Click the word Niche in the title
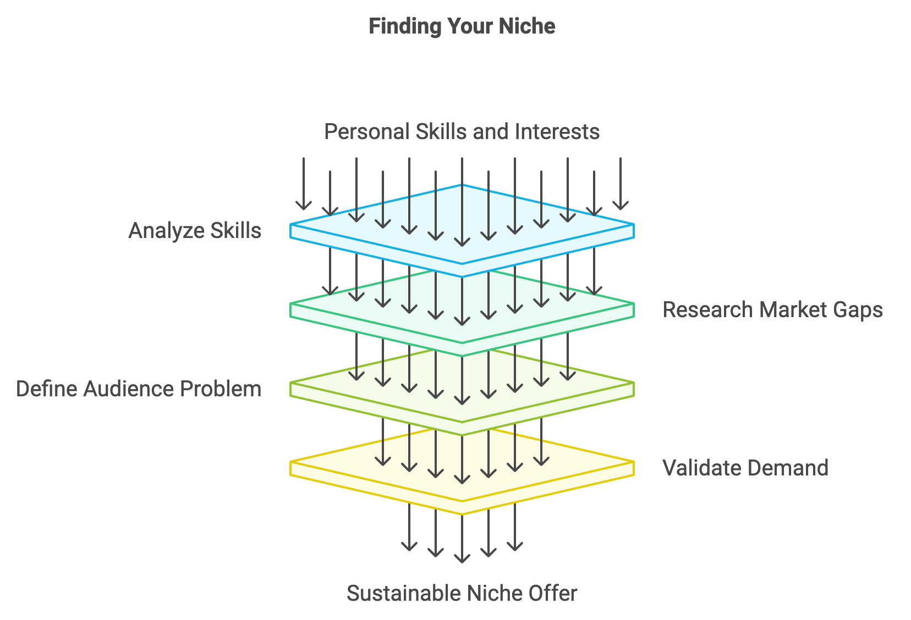[x=526, y=26]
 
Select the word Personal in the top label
[x=367, y=131]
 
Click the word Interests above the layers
[x=557, y=131]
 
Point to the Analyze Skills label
[x=194, y=231]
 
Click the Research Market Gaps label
[x=772, y=309]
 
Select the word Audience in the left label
[x=129, y=389]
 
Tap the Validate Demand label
[x=745, y=468]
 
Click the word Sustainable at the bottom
[x=404, y=593]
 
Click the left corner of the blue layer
[x=290, y=224]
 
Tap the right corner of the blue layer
[x=634, y=224]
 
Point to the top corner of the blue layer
[x=462, y=185]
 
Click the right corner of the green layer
[x=634, y=303]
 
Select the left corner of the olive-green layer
[x=290, y=383]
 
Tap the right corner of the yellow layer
[x=634, y=462]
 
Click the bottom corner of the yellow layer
[x=462, y=514]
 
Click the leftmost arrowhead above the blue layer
[x=304, y=206]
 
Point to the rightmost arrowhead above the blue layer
[x=621, y=206]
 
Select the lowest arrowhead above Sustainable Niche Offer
[x=462, y=558]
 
